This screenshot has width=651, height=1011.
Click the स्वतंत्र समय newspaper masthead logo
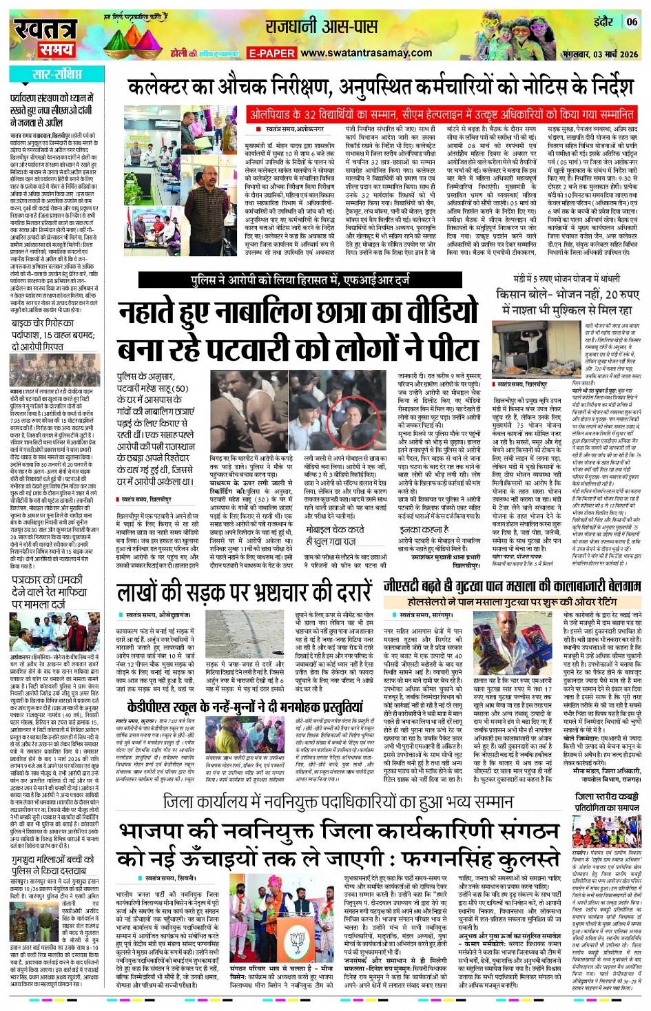tap(44, 38)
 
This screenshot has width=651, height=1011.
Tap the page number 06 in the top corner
tap(630, 22)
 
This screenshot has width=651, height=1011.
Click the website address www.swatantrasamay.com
tap(366, 53)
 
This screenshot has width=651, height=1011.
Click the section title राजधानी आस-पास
tap(322, 27)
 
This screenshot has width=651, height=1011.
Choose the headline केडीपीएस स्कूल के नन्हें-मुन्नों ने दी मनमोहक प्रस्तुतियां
tap(245, 707)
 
